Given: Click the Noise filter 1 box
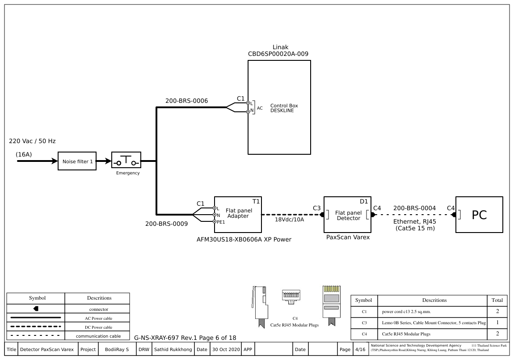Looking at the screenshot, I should (77, 161).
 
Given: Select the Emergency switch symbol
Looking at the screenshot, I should (126, 160).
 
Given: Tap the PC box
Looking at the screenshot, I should (479, 215).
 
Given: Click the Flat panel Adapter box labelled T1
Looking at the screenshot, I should (237, 215).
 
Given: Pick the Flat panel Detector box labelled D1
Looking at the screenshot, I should (348, 215).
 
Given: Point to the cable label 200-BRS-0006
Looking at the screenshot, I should (186, 101).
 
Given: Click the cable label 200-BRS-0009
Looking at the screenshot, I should (166, 224).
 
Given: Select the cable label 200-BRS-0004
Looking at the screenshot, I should (414, 208).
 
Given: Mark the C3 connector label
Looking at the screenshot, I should (316, 208).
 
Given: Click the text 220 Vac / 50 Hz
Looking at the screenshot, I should (32, 141).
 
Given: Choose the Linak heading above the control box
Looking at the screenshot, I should (280, 47).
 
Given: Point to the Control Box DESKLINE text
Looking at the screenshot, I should (284, 108).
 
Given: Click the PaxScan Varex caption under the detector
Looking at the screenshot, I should (348, 237).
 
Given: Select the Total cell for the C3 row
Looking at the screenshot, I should (497, 322).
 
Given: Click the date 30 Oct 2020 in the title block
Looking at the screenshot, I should (226, 349).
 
